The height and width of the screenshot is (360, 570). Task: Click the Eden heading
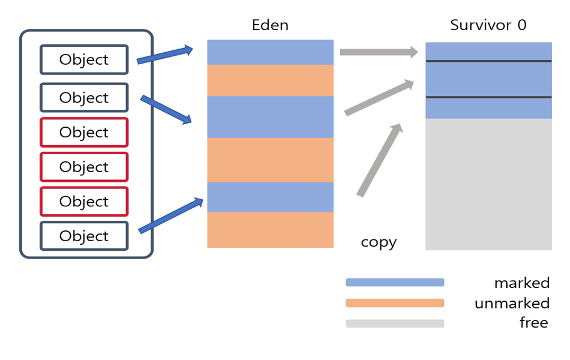click(x=270, y=25)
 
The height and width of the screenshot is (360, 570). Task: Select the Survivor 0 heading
click(x=488, y=25)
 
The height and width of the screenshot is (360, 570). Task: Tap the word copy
click(x=379, y=242)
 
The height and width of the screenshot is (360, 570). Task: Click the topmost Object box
click(x=84, y=59)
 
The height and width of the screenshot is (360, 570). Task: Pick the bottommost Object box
click(x=84, y=236)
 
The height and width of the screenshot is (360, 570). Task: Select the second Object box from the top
click(x=84, y=97)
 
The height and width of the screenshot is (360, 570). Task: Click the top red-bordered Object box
click(x=84, y=132)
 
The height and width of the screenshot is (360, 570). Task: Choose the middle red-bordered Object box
click(x=84, y=167)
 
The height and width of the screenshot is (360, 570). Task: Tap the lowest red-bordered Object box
click(x=84, y=201)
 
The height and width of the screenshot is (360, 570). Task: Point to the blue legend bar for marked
click(x=395, y=283)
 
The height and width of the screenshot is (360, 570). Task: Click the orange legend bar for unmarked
click(x=395, y=303)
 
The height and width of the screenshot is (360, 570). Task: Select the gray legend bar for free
click(x=395, y=323)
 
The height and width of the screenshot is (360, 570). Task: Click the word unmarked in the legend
click(x=512, y=303)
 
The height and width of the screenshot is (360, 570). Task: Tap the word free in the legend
click(x=533, y=323)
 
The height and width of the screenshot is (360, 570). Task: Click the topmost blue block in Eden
click(x=270, y=52)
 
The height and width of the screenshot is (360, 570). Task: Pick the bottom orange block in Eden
click(x=270, y=230)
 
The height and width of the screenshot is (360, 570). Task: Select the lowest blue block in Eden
click(x=270, y=197)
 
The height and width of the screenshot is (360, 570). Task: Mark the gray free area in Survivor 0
click(x=488, y=184)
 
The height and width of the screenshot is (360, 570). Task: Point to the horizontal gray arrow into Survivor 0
click(x=379, y=52)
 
